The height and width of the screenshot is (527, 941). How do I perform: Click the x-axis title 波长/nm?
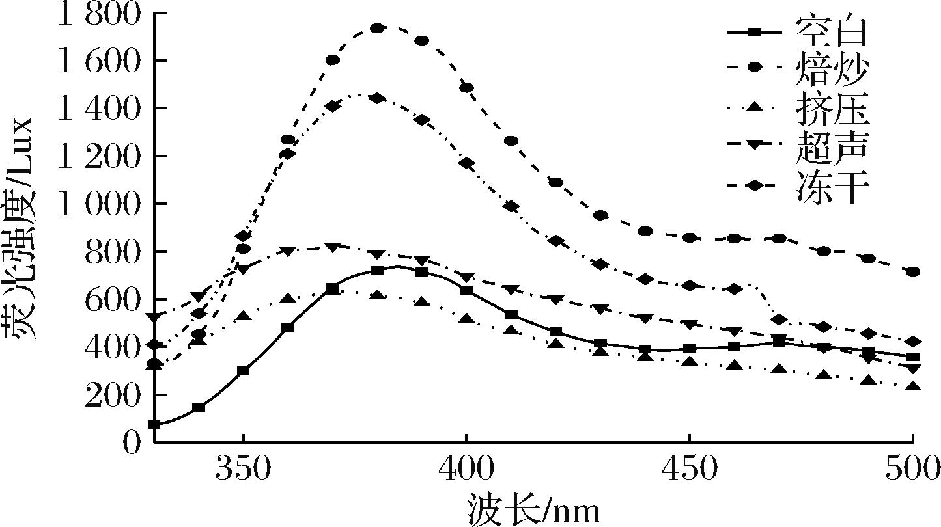click(x=533, y=509)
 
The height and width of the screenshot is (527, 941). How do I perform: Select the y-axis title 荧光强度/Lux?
click(x=20, y=228)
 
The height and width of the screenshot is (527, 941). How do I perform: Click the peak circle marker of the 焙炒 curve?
click(x=377, y=28)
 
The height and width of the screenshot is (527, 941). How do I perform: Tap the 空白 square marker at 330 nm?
click(x=154, y=424)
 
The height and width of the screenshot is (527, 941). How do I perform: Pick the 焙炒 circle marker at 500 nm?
click(x=912, y=271)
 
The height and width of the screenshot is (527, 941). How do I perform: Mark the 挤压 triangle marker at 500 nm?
click(x=912, y=386)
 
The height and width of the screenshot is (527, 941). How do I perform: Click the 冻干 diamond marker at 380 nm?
click(x=377, y=98)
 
